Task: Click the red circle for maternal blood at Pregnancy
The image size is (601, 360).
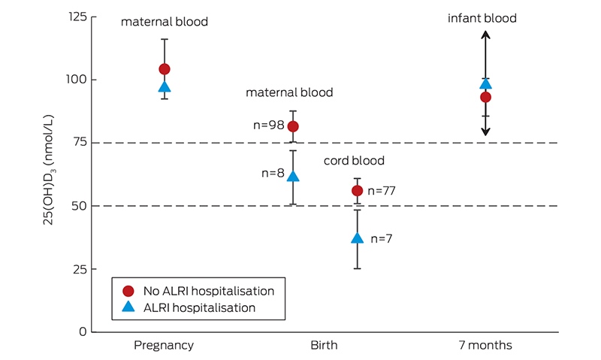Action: pos(165,69)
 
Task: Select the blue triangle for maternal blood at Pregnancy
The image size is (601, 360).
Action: pos(165,87)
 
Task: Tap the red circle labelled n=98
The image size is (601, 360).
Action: pos(293,126)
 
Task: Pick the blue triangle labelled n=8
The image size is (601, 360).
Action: pos(293,176)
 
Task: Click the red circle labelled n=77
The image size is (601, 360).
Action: pos(358,191)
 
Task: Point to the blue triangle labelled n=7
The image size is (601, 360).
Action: pos(358,238)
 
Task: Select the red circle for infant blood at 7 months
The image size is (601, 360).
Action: pos(485,98)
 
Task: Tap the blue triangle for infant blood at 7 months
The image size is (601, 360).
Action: pos(485,84)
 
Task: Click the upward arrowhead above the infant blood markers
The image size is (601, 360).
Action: pos(485,35)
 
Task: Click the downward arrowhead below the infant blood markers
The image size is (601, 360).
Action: pos(485,132)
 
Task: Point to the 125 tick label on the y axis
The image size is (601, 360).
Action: pos(77,17)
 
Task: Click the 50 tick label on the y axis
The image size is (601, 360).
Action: pos(80,206)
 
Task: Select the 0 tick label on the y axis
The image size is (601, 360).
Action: pos(83,331)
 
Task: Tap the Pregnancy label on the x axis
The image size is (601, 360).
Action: pos(164,346)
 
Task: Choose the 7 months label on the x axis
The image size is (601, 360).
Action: pos(485,345)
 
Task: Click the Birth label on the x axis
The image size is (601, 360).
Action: pos(324,345)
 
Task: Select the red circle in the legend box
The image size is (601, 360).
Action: pos(128,291)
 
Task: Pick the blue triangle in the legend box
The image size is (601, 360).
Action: pos(128,307)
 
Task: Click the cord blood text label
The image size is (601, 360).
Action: pos(354,160)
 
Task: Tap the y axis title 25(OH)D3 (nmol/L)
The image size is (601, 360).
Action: pos(49,170)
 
